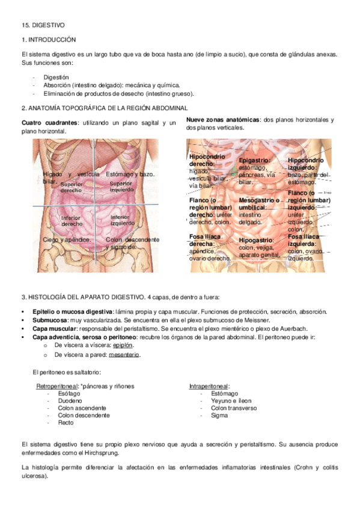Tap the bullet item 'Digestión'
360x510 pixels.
(x=56, y=77)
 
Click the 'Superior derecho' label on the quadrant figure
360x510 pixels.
(x=72, y=186)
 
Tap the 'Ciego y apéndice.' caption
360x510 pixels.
(x=67, y=239)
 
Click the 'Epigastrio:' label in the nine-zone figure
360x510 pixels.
(x=255, y=161)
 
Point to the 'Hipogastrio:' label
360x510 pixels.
(x=256, y=240)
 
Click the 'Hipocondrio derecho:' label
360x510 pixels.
(x=207, y=160)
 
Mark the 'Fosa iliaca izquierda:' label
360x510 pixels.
(x=304, y=241)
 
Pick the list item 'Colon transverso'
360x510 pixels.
(x=234, y=408)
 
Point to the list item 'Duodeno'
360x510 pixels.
(x=70, y=401)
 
